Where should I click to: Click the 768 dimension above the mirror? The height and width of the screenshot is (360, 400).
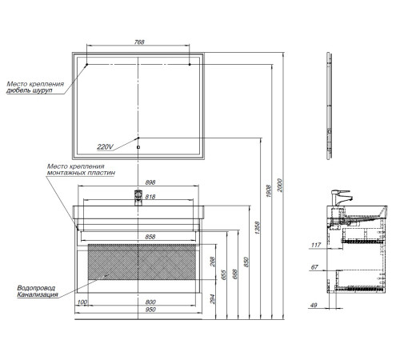(139, 42)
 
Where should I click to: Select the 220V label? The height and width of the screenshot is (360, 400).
(105, 146)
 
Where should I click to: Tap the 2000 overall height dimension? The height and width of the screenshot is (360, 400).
(280, 185)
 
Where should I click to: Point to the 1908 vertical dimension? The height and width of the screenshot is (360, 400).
(269, 191)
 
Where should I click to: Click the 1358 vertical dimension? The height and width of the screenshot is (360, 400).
(257, 228)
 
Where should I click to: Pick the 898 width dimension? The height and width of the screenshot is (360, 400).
(150, 182)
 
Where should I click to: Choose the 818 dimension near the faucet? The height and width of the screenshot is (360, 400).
(150, 197)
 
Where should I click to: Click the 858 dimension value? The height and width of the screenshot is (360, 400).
(150, 237)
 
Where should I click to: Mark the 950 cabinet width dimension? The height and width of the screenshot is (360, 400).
(150, 310)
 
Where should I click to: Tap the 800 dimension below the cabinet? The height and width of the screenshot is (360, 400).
(150, 302)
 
